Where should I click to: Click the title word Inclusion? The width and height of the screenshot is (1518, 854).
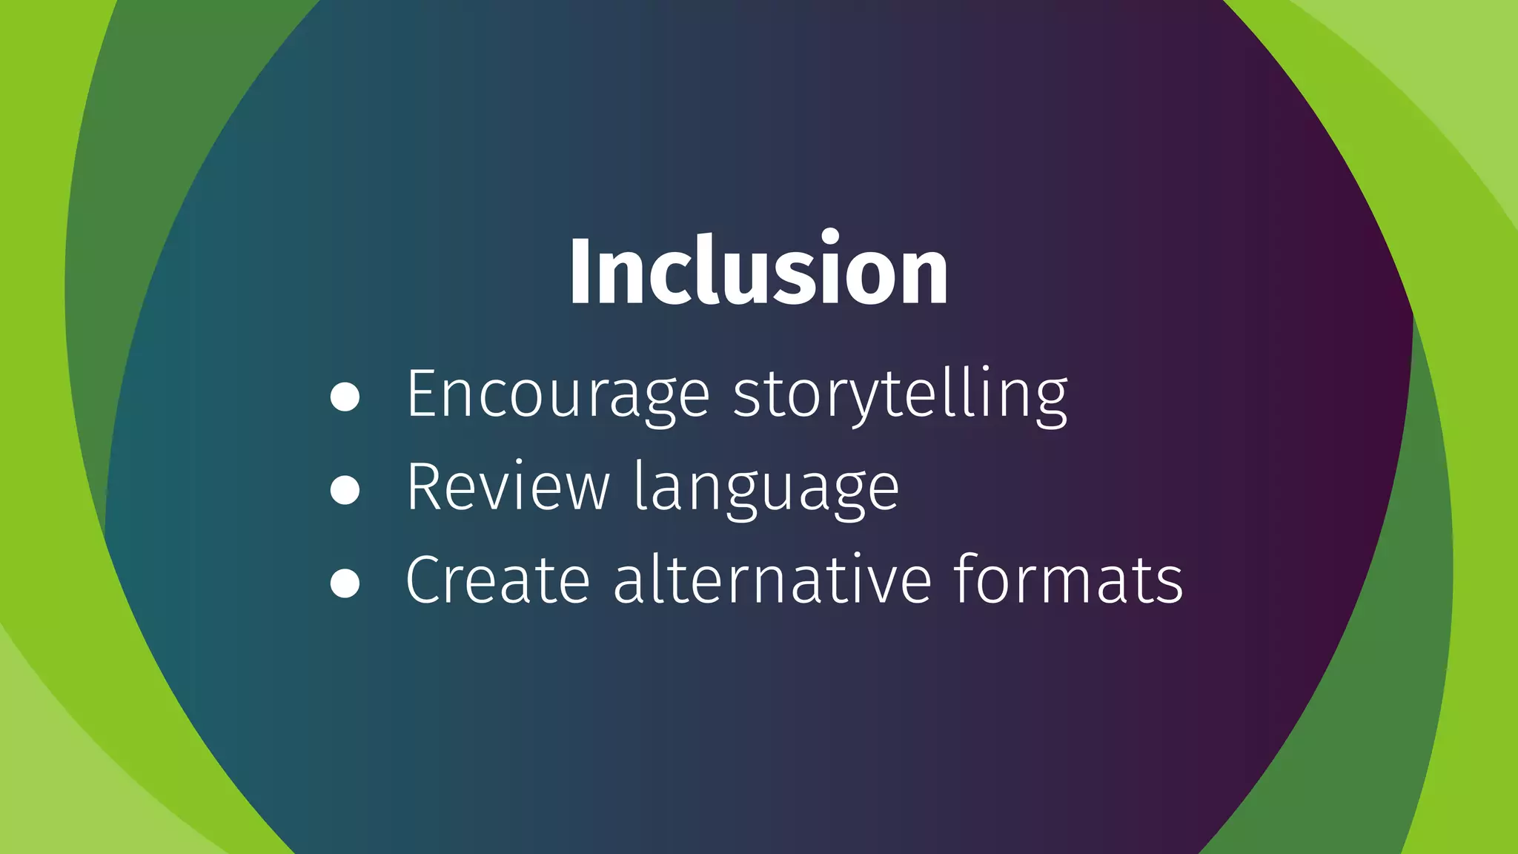point(758,270)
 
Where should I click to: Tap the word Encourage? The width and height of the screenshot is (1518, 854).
point(558,395)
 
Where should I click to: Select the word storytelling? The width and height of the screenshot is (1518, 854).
point(900,395)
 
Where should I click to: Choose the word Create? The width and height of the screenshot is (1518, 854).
point(497,580)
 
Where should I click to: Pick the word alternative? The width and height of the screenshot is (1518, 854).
point(772,580)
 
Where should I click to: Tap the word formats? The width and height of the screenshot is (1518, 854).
point(1068,580)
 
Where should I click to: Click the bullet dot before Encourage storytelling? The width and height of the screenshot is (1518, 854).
point(345,397)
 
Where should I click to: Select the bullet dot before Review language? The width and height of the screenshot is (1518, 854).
point(345,490)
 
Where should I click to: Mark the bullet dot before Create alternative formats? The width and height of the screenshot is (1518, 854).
point(345,583)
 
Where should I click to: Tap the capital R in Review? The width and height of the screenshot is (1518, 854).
point(424,486)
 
